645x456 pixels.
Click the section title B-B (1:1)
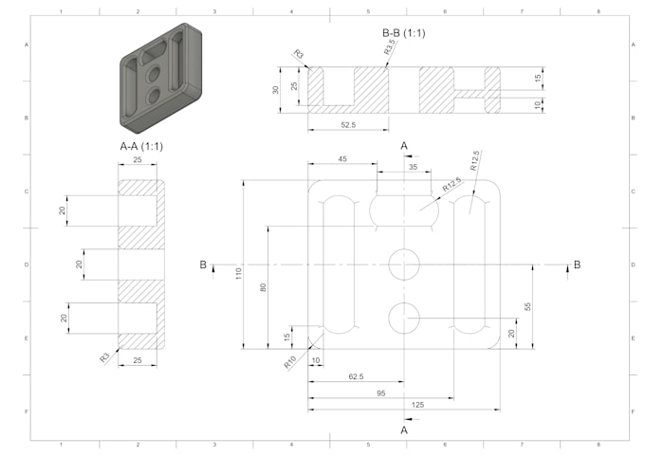tap(405, 33)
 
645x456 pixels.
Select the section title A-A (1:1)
tap(141, 148)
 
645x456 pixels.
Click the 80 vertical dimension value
tap(263, 287)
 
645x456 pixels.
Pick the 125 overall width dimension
tap(417, 405)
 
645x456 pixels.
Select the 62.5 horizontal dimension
tap(356, 376)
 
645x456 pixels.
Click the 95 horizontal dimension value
tap(380, 392)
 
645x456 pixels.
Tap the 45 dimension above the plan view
tap(342, 158)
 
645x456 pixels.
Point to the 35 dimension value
tap(413, 167)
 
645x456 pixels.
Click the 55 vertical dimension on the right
tap(527, 306)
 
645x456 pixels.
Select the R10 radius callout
tap(289, 361)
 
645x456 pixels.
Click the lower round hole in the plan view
tap(404, 316)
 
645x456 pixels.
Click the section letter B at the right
tap(577, 264)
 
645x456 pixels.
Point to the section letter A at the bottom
tap(405, 429)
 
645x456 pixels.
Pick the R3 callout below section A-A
tap(104, 357)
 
